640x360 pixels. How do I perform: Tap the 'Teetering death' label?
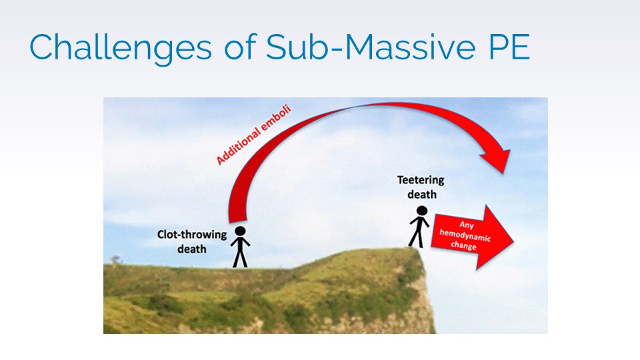[x=421, y=187]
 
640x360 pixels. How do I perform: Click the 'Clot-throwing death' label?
[x=192, y=241]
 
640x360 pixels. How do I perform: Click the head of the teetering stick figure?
[x=422, y=211]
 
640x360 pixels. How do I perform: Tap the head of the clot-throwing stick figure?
[x=241, y=231]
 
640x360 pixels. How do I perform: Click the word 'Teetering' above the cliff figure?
[x=421, y=180]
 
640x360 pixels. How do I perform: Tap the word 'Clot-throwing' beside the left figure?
[x=192, y=235]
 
